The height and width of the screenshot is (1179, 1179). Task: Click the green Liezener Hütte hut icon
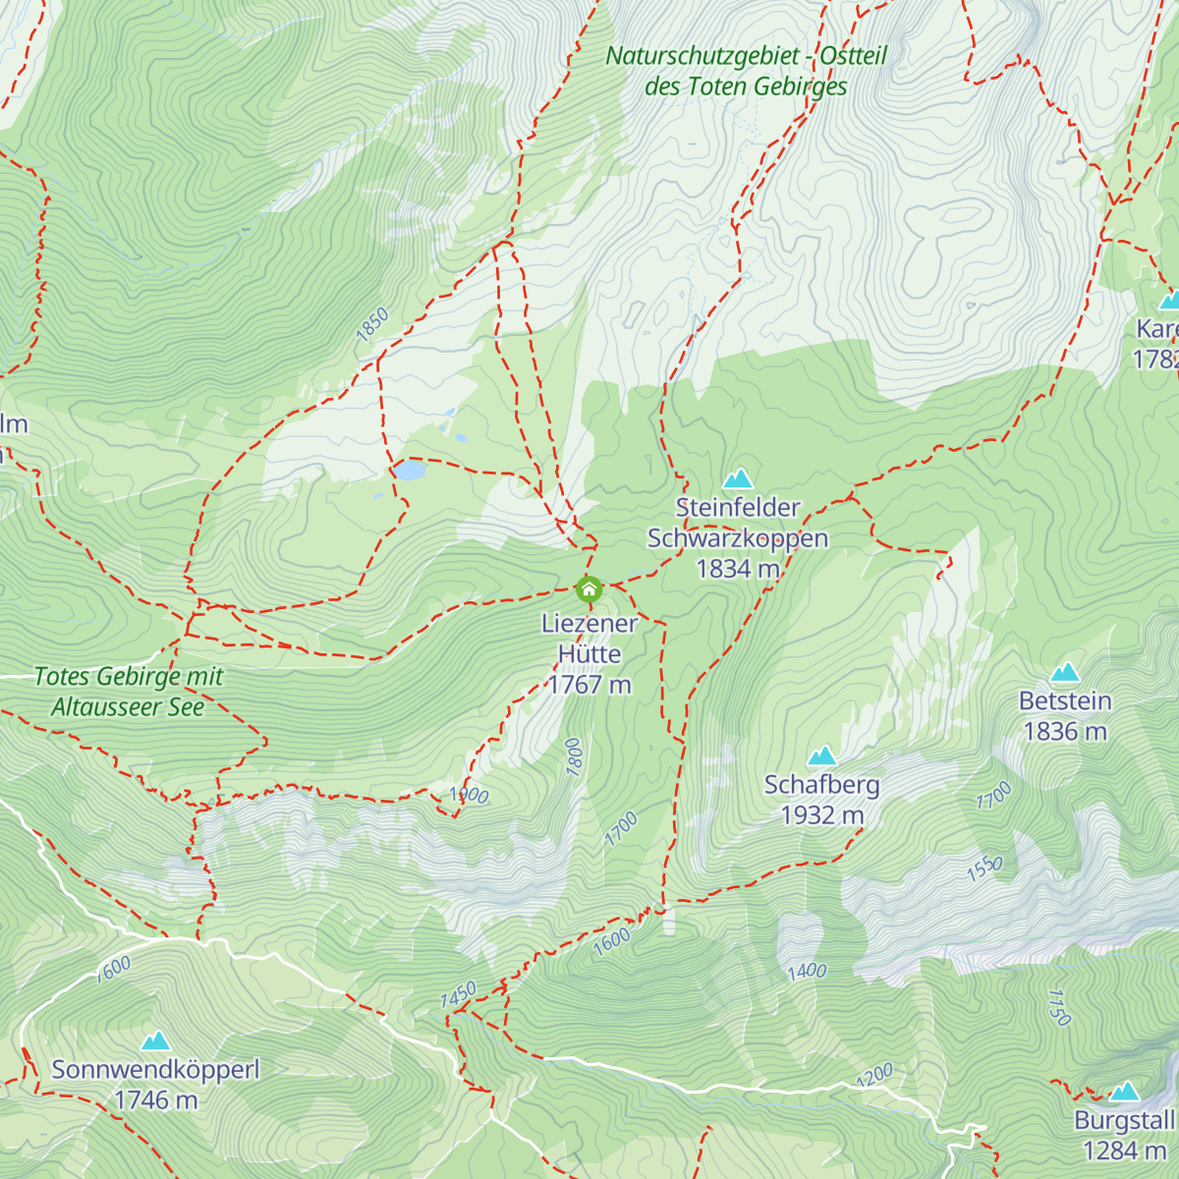pyautogui.click(x=589, y=589)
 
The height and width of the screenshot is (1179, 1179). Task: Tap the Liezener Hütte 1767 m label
pyautogui.click(x=589, y=654)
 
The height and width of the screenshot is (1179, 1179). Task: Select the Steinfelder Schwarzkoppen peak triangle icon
pyautogui.click(x=738, y=478)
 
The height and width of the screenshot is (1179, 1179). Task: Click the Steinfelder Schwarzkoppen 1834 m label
pyautogui.click(x=738, y=538)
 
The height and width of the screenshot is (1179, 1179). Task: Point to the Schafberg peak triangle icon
pyautogui.click(x=821, y=756)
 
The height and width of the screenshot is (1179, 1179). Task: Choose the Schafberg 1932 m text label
pyautogui.click(x=822, y=800)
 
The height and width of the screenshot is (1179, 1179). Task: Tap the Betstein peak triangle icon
pyautogui.click(x=1065, y=673)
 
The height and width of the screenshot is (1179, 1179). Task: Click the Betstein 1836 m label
pyautogui.click(x=1065, y=716)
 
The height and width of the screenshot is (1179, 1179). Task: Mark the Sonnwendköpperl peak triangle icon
pyautogui.click(x=155, y=1041)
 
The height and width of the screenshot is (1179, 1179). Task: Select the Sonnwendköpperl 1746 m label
pyautogui.click(x=155, y=1085)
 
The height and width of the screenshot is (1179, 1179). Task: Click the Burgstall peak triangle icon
pyautogui.click(x=1124, y=1092)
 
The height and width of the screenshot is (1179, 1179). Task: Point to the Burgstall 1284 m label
pyautogui.click(x=1124, y=1136)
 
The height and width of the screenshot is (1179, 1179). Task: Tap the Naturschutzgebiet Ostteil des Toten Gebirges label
pyautogui.click(x=747, y=71)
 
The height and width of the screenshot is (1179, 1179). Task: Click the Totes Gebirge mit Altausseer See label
pyautogui.click(x=129, y=692)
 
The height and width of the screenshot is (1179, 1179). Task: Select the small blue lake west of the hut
pyautogui.click(x=409, y=471)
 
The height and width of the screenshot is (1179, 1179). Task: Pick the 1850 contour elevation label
pyautogui.click(x=372, y=325)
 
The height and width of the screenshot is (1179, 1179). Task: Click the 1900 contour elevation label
pyautogui.click(x=469, y=795)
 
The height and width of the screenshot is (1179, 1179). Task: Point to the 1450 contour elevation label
pyautogui.click(x=458, y=994)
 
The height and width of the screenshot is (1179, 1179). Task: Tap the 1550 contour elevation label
pyautogui.click(x=984, y=869)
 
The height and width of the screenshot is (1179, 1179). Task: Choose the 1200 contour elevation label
pyautogui.click(x=874, y=1075)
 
